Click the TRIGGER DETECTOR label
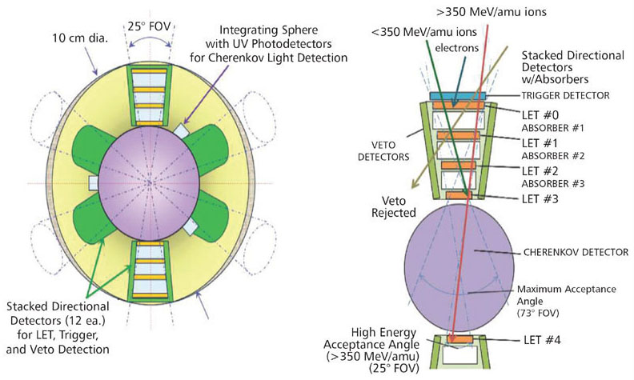[565, 96]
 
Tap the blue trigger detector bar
[458, 96]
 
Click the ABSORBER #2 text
[552, 156]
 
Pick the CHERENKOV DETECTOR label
[576, 252]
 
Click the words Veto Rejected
[393, 206]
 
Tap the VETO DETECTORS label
[383, 150]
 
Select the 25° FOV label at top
[150, 26]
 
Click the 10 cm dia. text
[80, 38]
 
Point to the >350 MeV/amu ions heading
[492, 12]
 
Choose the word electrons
[457, 48]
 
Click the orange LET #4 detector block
[460, 339]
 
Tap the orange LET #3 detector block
[459, 195]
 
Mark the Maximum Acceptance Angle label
[567, 295]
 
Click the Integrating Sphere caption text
[268, 44]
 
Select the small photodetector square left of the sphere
[94, 183]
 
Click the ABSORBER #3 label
[552, 183]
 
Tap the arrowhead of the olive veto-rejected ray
[413, 185]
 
